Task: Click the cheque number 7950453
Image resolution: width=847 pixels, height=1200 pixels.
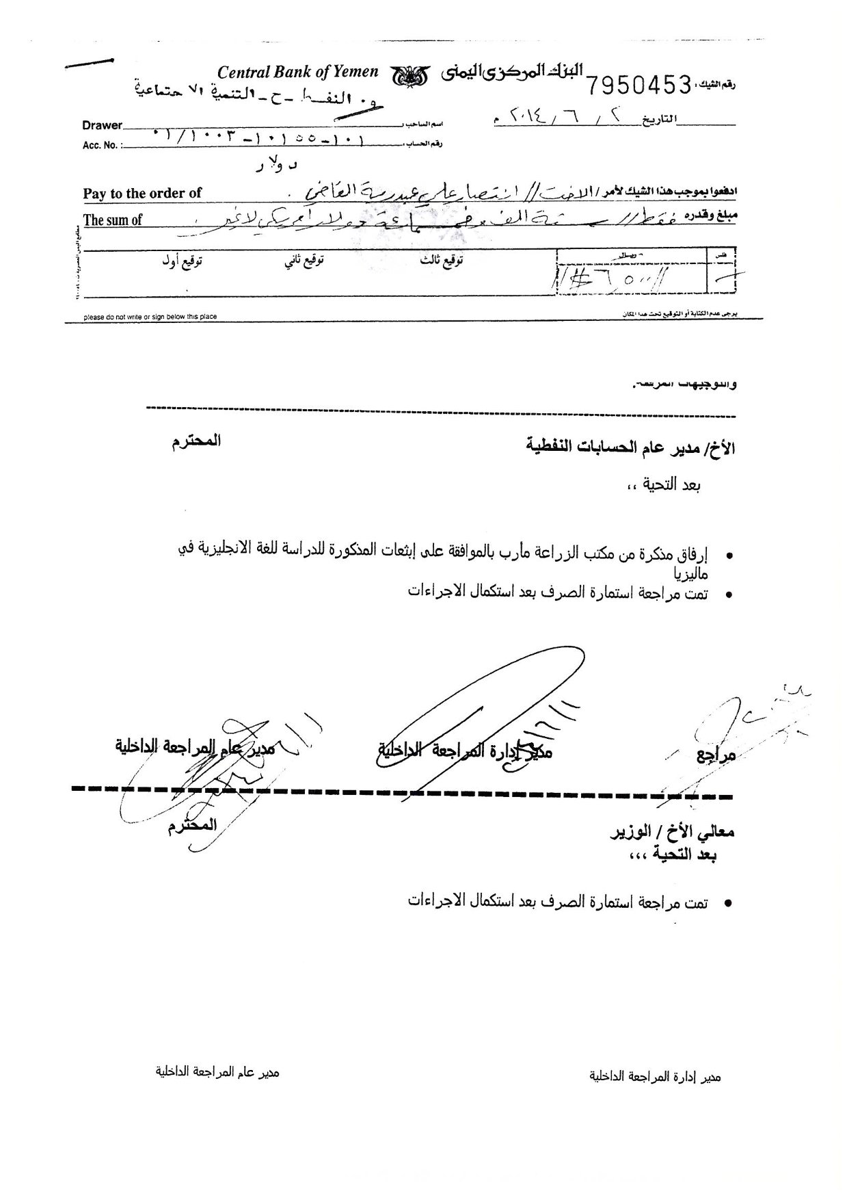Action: (639, 85)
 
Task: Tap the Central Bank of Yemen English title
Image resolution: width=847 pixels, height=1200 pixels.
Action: (297, 72)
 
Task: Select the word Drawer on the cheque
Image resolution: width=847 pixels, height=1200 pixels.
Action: (102, 125)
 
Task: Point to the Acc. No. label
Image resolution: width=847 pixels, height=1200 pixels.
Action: (100, 145)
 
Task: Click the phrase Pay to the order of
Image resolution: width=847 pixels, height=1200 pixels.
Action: (142, 194)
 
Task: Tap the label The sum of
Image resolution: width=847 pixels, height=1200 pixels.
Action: (113, 220)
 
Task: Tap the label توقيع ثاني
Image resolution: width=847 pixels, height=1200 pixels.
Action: (304, 261)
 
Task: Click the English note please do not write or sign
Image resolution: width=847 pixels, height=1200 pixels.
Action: (150, 317)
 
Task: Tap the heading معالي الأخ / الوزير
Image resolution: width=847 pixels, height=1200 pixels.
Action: (672, 833)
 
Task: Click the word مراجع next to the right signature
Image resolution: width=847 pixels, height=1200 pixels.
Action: (716, 756)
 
